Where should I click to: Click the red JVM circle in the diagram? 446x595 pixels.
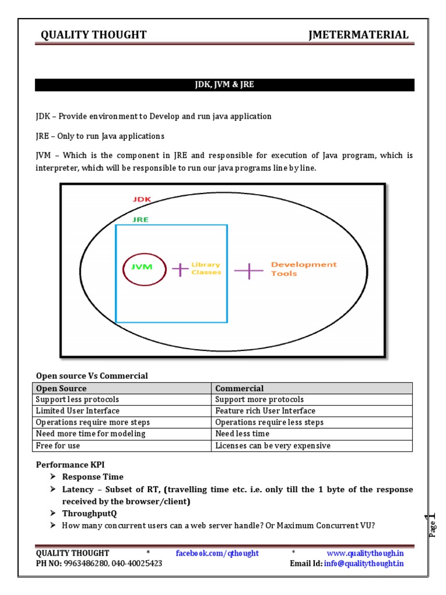click(x=142, y=268)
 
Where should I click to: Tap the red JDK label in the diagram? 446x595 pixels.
click(x=142, y=199)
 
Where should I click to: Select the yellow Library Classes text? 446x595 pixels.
click(x=206, y=268)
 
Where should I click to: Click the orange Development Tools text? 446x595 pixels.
click(x=303, y=269)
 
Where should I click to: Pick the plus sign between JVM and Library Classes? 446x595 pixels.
click(x=180, y=269)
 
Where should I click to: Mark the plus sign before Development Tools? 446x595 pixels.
click(x=249, y=270)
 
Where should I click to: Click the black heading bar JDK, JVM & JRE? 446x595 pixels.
click(x=224, y=85)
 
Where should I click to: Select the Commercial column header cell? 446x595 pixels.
click(x=311, y=388)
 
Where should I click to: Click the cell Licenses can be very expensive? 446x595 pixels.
click(x=311, y=446)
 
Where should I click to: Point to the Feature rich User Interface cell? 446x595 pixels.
click(x=311, y=411)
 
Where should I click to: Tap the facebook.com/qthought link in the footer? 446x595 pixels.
click(x=217, y=553)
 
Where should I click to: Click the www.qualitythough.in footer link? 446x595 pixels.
click(x=365, y=553)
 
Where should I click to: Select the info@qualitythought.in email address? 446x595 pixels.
click(x=364, y=563)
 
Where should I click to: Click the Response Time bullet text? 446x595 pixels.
click(x=93, y=476)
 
